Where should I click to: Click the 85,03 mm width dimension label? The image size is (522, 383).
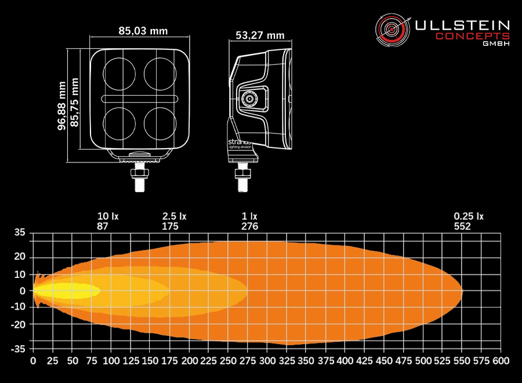click(143, 31)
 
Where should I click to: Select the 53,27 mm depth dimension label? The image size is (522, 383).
click(260, 35)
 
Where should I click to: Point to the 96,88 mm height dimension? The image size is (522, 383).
click(62, 106)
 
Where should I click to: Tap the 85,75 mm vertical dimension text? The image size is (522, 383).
click(75, 102)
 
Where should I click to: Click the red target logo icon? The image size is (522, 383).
click(393, 30)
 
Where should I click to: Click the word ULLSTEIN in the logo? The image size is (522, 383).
click(462, 26)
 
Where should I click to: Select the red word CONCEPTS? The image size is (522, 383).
click(473, 37)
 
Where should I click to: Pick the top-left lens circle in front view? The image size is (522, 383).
click(119, 74)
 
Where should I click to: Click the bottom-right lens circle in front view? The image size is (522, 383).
click(160, 123)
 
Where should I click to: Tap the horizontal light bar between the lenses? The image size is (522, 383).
click(140, 99)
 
